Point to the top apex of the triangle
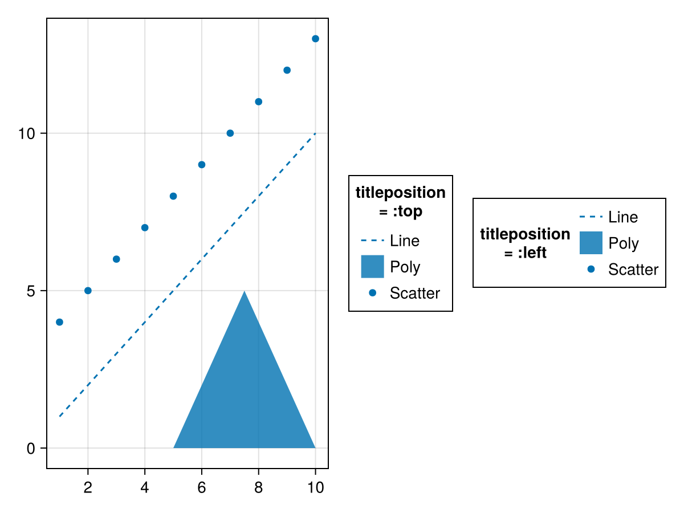pyautogui.click(x=245, y=291)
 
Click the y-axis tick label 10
pyautogui.click(x=27, y=133)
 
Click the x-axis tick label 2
pyautogui.click(x=88, y=487)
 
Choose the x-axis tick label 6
pyautogui.click(x=202, y=487)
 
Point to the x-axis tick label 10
pyautogui.click(x=315, y=487)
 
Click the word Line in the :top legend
pyautogui.click(x=405, y=241)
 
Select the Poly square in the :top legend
pyautogui.click(x=372, y=267)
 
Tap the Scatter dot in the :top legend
pyautogui.click(x=372, y=293)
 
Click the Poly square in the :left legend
pyautogui.click(x=591, y=243)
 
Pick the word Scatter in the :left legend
pyautogui.click(x=633, y=270)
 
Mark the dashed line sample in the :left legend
pyautogui.click(x=591, y=217)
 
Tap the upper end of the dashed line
pyautogui.click(x=315, y=133)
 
